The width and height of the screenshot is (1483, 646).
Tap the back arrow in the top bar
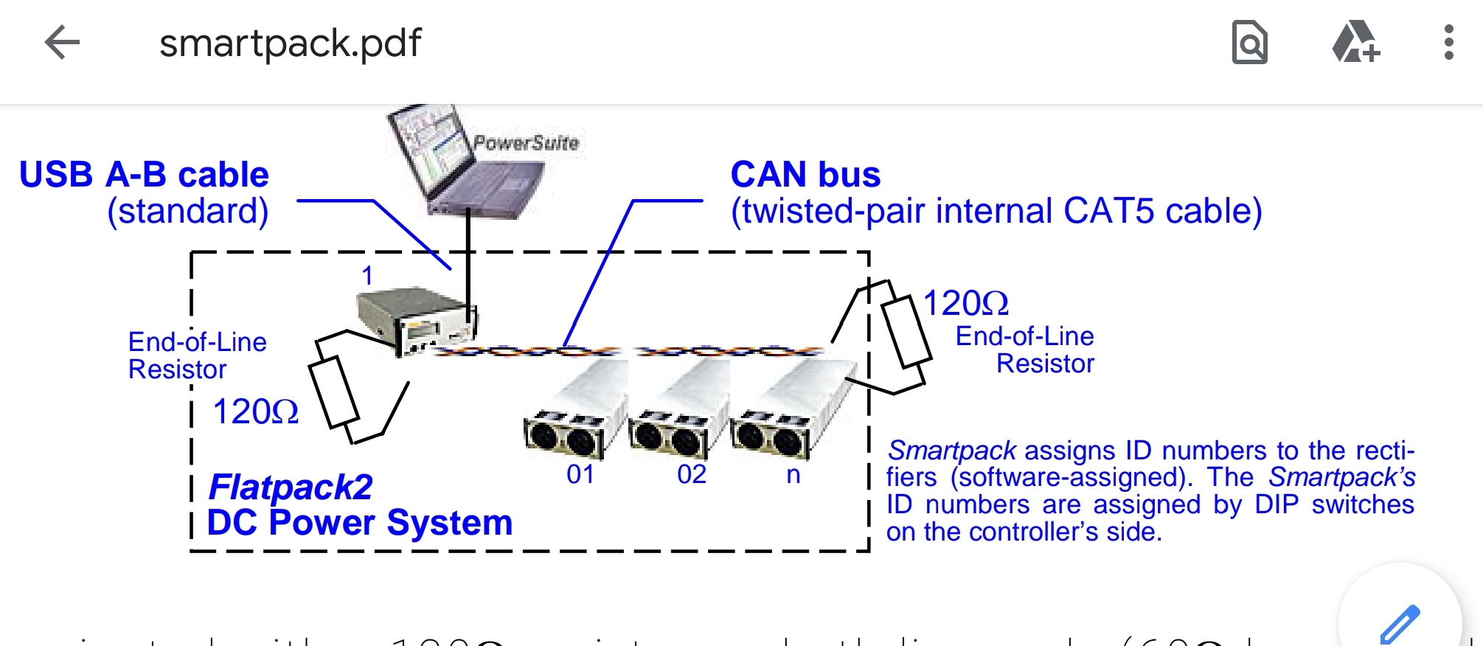(x=62, y=43)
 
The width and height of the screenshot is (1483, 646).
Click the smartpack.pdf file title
(x=290, y=43)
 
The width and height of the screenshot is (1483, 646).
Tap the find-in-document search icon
(x=1249, y=43)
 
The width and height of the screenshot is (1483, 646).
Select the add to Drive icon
(x=1355, y=43)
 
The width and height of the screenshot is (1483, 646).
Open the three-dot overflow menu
(x=1448, y=43)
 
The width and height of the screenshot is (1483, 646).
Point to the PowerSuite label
(x=526, y=143)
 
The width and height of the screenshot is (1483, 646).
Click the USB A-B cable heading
(x=144, y=176)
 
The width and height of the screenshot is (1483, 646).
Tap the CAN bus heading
(x=805, y=176)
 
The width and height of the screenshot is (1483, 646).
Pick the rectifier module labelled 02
(x=678, y=413)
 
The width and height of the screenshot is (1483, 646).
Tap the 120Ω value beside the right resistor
(x=965, y=303)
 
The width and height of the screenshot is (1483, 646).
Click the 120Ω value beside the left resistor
(x=255, y=411)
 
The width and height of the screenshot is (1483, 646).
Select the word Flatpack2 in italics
(x=291, y=487)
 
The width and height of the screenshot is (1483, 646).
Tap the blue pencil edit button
(x=1400, y=623)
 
